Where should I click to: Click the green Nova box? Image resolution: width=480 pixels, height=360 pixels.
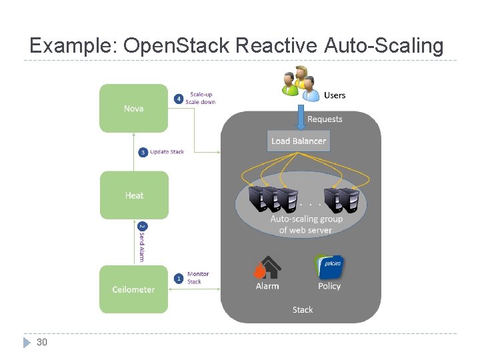coord(133,108)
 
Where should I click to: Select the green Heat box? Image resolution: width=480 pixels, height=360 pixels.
coord(134,195)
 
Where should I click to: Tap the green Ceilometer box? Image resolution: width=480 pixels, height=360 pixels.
coord(133,289)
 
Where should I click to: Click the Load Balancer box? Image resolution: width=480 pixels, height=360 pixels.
coord(299,141)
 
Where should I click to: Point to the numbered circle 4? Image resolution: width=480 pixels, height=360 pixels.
coord(178,99)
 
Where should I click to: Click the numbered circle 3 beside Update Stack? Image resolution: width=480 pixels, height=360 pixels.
coord(143,152)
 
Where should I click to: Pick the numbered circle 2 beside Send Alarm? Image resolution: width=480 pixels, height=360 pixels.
coord(141,227)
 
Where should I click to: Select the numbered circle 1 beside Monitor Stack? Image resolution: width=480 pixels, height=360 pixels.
coord(179,278)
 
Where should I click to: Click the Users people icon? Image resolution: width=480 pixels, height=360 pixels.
coord(301,83)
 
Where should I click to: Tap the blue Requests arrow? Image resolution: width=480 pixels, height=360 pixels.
coord(298,119)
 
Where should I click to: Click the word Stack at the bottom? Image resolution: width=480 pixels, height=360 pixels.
coord(303,309)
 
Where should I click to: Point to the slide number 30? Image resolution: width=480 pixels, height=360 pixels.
coord(42,342)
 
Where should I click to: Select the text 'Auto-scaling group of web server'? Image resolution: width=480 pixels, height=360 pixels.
coord(306,224)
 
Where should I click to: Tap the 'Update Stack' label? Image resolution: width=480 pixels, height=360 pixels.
coord(167,152)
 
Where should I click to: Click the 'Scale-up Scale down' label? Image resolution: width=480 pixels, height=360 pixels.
coord(201,98)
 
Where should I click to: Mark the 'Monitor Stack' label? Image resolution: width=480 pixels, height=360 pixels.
coord(197,277)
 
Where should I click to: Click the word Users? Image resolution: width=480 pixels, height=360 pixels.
coord(335,95)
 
